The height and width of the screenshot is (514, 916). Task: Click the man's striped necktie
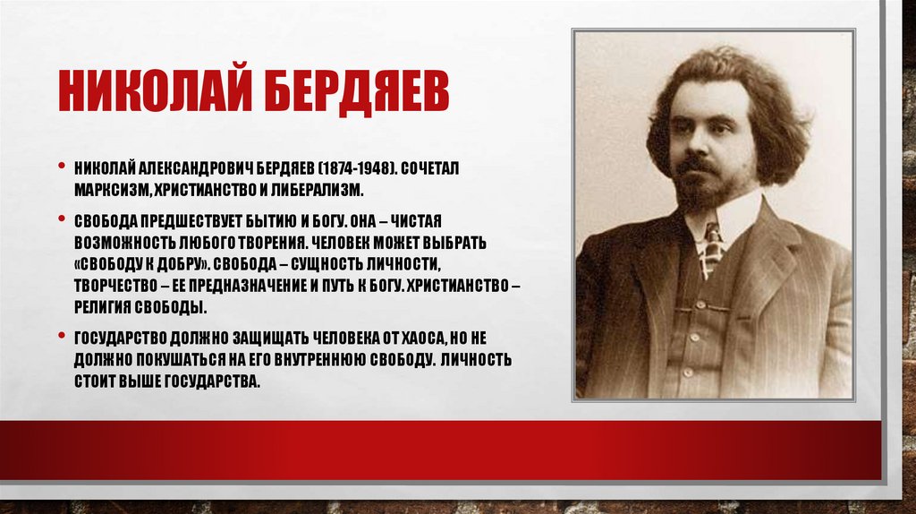[x=711, y=249]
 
